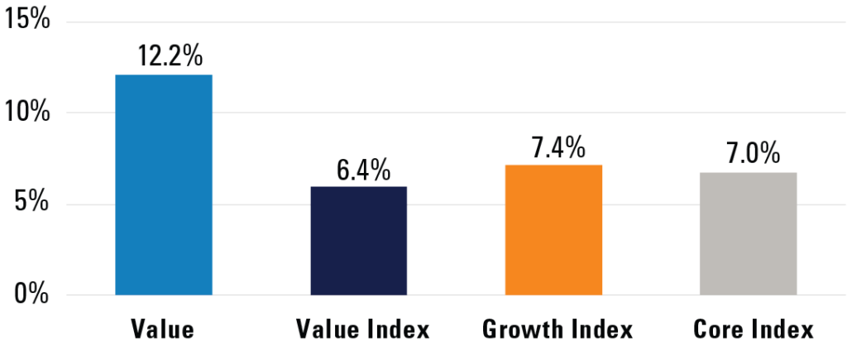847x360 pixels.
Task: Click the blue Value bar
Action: tap(164, 185)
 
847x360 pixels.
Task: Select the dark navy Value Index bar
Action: tap(358, 240)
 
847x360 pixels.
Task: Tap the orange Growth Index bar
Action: tap(553, 229)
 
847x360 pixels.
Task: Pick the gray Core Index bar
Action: tap(749, 233)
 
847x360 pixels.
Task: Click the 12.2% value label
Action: tap(164, 57)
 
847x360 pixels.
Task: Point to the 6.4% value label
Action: tap(358, 169)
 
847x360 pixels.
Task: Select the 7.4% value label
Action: tap(553, 147)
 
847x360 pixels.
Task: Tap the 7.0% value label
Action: tap(749, 154)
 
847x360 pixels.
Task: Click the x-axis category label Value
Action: tap(163, 329)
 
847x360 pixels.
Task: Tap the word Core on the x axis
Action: tap(717, 329)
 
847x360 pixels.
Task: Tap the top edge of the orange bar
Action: tap(553, 166)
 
